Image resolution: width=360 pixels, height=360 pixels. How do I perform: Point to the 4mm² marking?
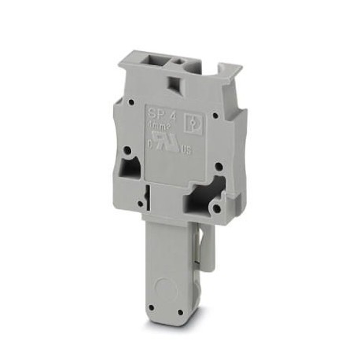click(160, 125)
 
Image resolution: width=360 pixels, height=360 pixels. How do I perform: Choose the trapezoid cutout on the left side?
click(128, 167)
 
